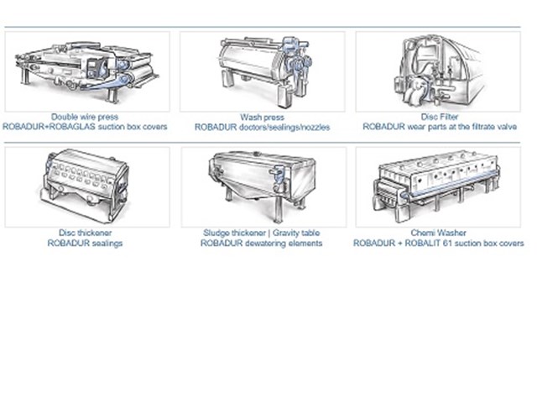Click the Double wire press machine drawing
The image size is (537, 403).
tap(87, 71)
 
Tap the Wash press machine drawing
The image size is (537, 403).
tap(264, 70)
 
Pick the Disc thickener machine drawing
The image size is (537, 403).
tap(85, 186)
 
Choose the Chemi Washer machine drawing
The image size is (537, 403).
tap(436, 186)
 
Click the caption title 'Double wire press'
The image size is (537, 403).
tap(85, 117)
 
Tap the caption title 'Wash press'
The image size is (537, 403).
tap(263, 118)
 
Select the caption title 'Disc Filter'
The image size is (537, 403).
tap(440, 117)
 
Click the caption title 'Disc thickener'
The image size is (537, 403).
tap(86, 233)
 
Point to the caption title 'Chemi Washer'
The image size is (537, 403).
tap(438, 233)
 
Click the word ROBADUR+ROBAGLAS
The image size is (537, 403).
tap(49, 127)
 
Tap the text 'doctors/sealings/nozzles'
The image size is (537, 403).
tap(284, 128)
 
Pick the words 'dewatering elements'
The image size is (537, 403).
tap(280, 243)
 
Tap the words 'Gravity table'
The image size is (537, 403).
tap(296, 233)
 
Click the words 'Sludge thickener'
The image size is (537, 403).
tap(235, 233)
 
